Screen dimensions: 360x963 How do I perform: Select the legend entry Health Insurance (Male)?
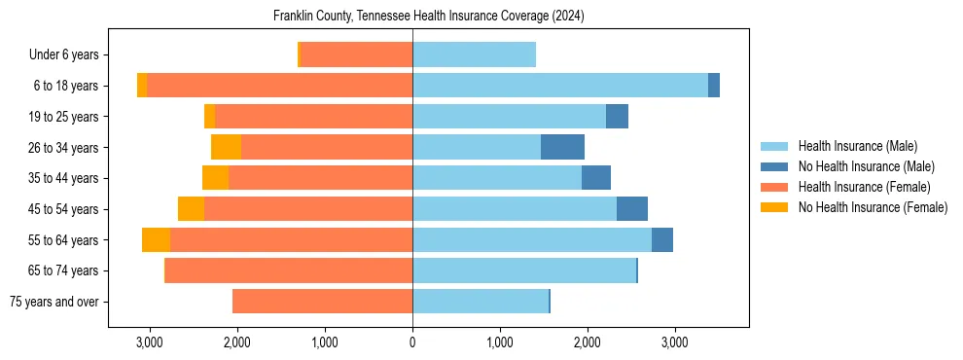pyautogui.click(x=857, y=146)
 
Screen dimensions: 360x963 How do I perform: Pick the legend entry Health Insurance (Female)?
pyautogui.click(x=864, y=187)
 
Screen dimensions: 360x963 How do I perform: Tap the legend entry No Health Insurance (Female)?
pyautogui.click(x=873, y=207)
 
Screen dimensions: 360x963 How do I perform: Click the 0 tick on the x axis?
pyautogui.click(x=412, y=342)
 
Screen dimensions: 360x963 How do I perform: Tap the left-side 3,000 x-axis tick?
pyautogui.click(x=149, y=342)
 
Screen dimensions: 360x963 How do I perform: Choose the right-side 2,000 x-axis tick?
pyautogui.click(x=587, y=342)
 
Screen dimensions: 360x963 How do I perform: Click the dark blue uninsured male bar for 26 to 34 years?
pyautogui.click(x=562, y=148)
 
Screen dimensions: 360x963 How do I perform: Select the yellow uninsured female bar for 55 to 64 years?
pyautogui.click(x=156, y=240)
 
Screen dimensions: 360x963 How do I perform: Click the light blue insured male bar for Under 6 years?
pyautogui.click(x=474, y=55)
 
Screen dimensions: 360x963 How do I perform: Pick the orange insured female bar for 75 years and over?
pyautogui.click(x=322, y=302)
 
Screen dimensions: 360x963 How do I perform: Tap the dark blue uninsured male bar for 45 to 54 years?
pyautogui.click(x=632, y=209)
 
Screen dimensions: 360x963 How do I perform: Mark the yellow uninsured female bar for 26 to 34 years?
pyautogui.click(x=226, y=148)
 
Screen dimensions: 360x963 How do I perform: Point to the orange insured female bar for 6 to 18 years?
pyautogui.click(x=279, y=86)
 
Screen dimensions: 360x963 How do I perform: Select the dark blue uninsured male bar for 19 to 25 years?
pyautogui.click(x=617, y=117)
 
